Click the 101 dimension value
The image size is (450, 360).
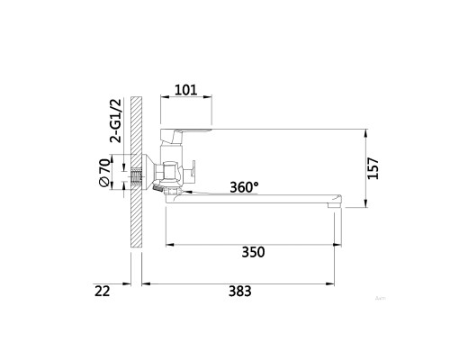[x=186, y=90]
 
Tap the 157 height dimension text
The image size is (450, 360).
[x=373, y=168]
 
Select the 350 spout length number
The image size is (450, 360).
[x=253, y=252]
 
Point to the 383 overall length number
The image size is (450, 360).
[x=240, y=291]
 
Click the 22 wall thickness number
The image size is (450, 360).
[x=103, y=291]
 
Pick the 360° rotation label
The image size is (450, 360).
[x=244, y=187]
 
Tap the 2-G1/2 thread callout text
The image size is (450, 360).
[x=116, y=121]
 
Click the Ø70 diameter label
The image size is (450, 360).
[x=104, y=172]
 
